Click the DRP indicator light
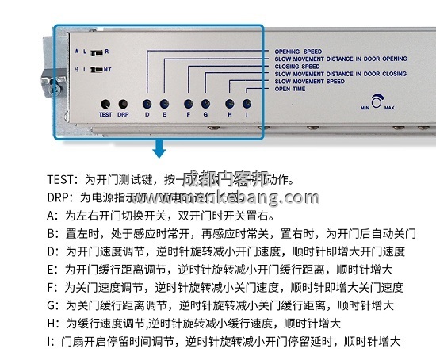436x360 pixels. point(123,104)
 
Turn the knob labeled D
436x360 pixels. point(146,104)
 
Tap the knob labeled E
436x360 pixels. point(164,104)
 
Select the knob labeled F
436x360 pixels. point(188,104)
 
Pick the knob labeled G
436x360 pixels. point(205,104)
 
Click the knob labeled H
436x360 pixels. point(229,104)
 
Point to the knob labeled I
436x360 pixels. point(247,104)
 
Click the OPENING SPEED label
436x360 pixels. point(298,52)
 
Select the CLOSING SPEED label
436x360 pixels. point(298,67)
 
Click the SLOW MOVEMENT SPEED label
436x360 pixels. point(309,82)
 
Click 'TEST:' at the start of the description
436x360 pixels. point(61,180)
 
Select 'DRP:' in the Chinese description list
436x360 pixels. point(60,197)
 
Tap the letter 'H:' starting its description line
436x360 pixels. point(53,324)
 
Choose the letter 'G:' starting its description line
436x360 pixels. point(53,305)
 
